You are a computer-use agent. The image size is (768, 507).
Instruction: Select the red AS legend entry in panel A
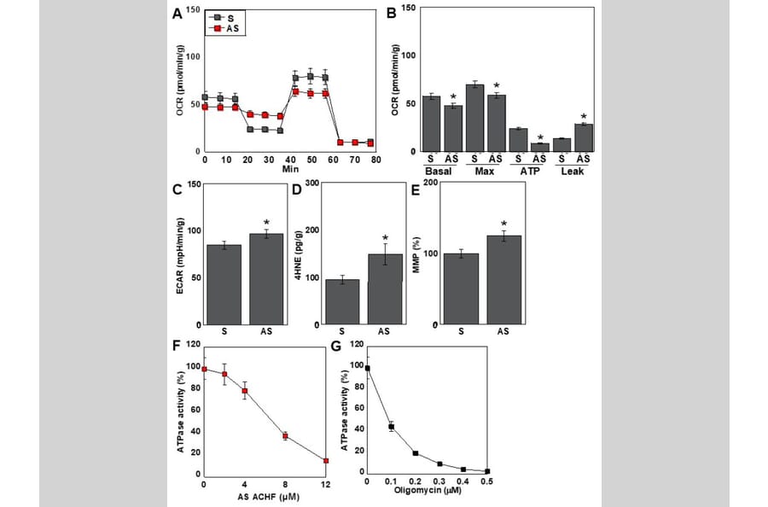coord(224,28)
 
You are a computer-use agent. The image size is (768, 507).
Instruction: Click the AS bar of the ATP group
coord(540,147)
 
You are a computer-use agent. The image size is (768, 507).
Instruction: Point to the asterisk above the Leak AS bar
coord(585,116)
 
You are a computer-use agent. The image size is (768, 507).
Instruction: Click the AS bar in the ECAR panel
coord(265,279)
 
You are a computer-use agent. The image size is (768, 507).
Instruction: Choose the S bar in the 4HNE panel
coord(342,302)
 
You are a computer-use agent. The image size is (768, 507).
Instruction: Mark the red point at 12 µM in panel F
coord(326,461)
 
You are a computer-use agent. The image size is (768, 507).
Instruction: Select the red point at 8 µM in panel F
coord(285,436)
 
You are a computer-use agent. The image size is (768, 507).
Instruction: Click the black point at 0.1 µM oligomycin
coord(391,427)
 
